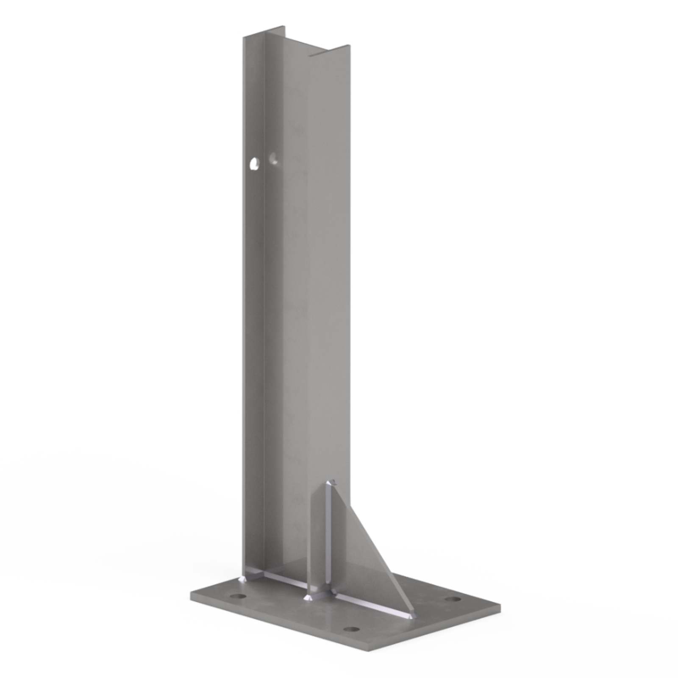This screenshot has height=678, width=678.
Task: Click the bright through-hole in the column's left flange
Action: pos(255,163)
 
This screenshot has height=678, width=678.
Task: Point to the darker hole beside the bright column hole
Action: pos(273,159)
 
